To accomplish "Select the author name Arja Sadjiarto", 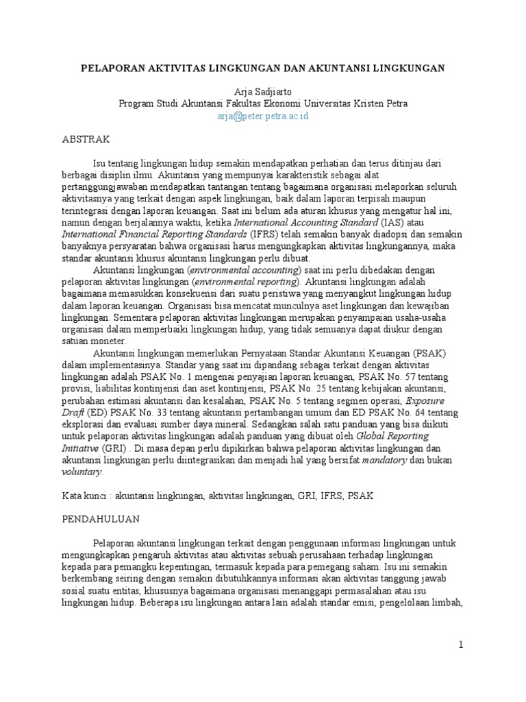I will click(x=263, y=92).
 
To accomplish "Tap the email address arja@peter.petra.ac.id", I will click(x=263, y=116).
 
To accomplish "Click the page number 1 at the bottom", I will click(x=461, y=645).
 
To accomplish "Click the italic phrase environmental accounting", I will click(x=238, y=270).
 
